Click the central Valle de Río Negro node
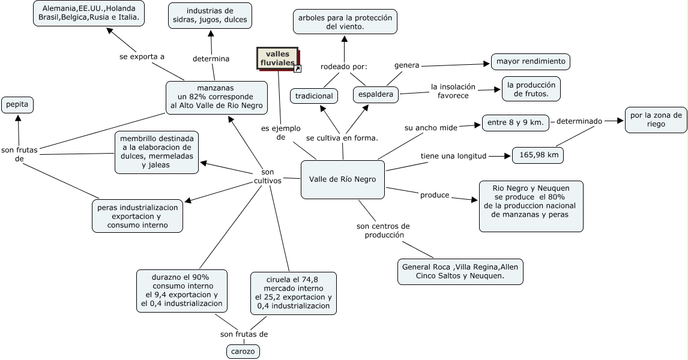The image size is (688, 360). [x=342, y=179]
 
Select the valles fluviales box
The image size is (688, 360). [x=277, y=58]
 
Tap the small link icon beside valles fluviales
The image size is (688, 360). [x=297, y=69]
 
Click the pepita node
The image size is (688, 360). [x=17, y=105]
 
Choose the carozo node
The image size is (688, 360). [x=243, y=351]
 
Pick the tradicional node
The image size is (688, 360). [x=314, y=95]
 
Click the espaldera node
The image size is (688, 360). [x=376, y=94]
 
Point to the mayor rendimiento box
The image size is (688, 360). [x=530, y=61]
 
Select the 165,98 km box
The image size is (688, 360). [x=538, y=155]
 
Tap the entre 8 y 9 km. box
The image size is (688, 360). [x=515, y=123]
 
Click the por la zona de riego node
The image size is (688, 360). [x=656, y=120]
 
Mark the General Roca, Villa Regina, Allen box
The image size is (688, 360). [x=460, y=271]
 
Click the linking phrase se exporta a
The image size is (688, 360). [x=142, y=56]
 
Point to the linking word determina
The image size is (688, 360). [x=211, y=59]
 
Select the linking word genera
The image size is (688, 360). [x=406, y=65]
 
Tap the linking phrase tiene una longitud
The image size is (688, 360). [x=453, y=156]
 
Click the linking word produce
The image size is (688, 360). [x=435, y=195]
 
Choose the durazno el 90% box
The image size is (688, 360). [x=182, y=290]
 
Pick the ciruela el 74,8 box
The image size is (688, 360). [x=293, y=293]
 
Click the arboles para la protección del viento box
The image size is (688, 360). [x=345, y=22]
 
